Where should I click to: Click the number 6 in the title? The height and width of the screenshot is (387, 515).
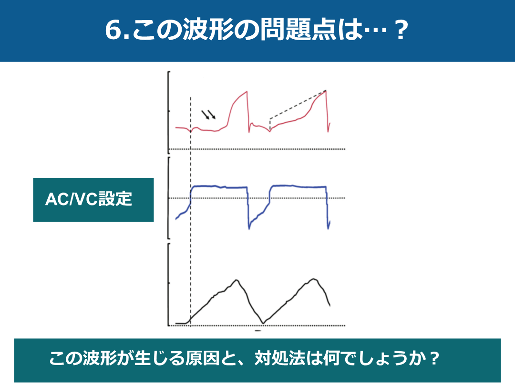(113, 30)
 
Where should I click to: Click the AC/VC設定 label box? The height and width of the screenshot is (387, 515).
(93, 200)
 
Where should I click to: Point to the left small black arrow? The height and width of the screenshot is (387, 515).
(205, 115)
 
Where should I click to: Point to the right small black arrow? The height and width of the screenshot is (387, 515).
(212, 115)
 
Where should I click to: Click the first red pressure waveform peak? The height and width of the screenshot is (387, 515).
(247, 92)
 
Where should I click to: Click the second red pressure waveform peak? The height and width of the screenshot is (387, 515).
(326, 91)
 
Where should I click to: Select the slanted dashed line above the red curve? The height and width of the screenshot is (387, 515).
(298, 104)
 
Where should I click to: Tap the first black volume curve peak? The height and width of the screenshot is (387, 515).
(236, 280)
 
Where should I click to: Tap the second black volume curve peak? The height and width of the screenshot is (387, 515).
(314, 279)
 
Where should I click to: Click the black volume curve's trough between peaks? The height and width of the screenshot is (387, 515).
(262, 323)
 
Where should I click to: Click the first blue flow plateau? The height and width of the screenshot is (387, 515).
(219, 187)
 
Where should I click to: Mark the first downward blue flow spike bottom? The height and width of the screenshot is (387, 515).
(249, 228)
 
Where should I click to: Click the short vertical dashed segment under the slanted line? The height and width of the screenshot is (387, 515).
(269, 125)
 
